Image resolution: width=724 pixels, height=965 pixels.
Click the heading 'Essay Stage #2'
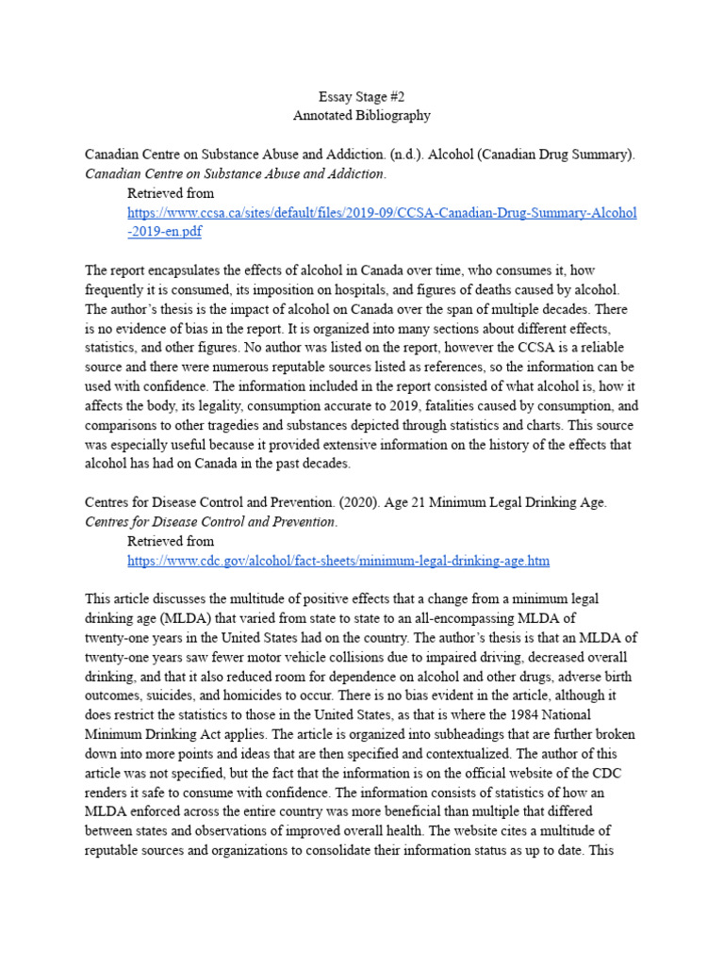coord(362,97)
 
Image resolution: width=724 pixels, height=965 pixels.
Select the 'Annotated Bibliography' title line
coord(362,116)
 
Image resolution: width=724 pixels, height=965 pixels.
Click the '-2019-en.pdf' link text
coord(164,231)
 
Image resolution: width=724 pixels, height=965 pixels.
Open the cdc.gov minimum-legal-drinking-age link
coord(338,561)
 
